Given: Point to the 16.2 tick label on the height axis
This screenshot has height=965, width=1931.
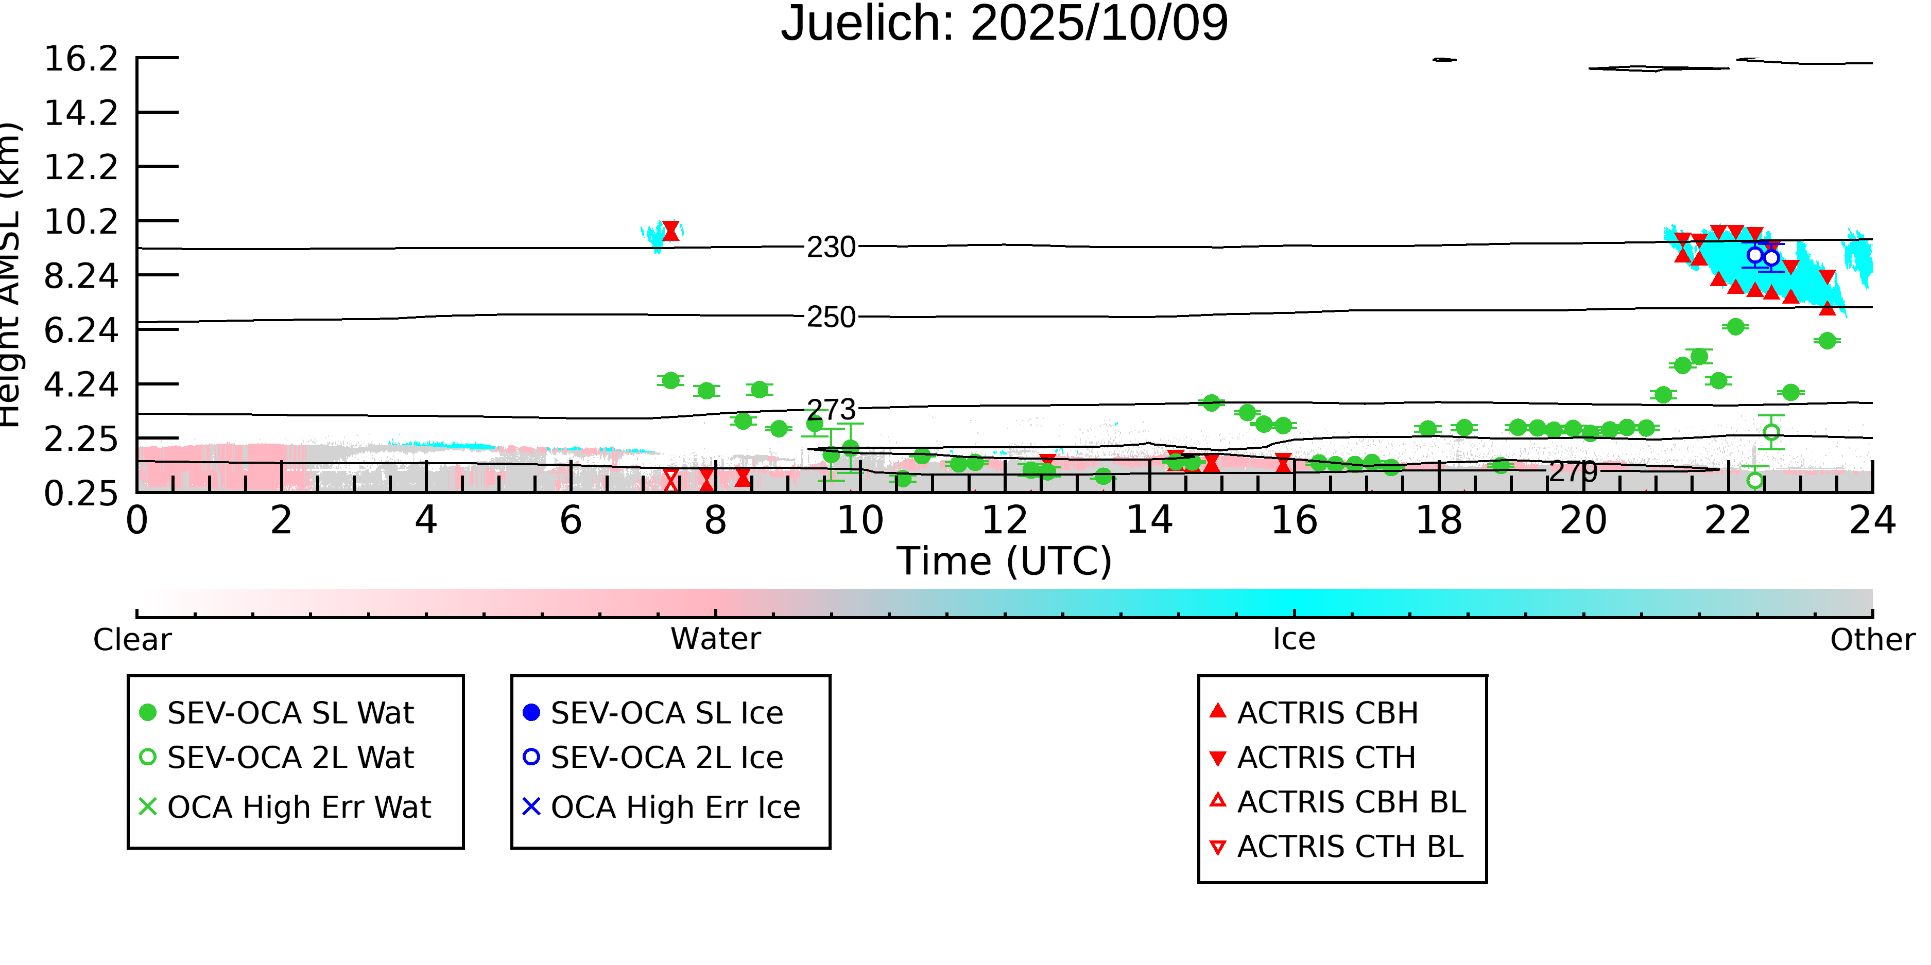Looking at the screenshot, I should coord(81,59).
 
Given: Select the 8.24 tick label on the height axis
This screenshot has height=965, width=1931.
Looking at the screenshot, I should coord(81,276).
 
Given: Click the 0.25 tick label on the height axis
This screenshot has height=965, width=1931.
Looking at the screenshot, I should coord(81,493).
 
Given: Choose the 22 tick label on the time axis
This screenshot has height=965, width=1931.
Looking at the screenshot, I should coord(1727,520).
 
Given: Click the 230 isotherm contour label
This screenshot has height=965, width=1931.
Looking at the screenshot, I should coord(831,247).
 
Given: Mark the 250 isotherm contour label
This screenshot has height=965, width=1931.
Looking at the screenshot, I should coord(831,317).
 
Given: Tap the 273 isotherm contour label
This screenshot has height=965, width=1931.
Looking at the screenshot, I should coord(831,410).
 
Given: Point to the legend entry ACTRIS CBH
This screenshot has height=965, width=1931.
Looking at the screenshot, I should coord(1327,712).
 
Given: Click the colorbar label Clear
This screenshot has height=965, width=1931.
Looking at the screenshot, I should coord(132,640).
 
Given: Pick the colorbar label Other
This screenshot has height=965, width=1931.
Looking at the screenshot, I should coord(1872,640).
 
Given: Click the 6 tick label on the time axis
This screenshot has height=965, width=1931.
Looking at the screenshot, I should coord(571,520).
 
